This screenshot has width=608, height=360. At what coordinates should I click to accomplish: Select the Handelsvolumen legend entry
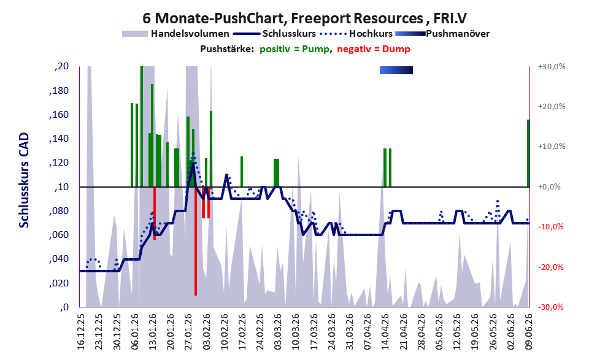(175, 34)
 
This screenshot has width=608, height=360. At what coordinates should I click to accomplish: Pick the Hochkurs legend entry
(356, 34)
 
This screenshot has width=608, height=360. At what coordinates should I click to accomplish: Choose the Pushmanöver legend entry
(442, 34)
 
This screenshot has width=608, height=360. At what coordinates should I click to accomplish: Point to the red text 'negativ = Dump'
(374, 49)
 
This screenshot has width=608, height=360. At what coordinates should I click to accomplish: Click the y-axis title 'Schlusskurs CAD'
(24, 180)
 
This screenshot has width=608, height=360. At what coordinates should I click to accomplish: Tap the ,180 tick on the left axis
(59, 91)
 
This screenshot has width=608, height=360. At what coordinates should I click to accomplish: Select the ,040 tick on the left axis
(59, 259)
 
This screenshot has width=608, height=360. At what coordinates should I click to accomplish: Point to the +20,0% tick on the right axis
(552, 107)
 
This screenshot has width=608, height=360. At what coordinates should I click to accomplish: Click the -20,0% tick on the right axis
(550, 267)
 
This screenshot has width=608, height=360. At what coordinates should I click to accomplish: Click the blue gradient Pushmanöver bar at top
(396, 70)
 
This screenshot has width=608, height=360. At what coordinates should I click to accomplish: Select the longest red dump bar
(196, 241)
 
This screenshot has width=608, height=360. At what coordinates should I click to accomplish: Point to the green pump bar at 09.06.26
(528, 153)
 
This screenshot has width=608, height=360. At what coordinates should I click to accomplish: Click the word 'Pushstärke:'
(227, 49)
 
